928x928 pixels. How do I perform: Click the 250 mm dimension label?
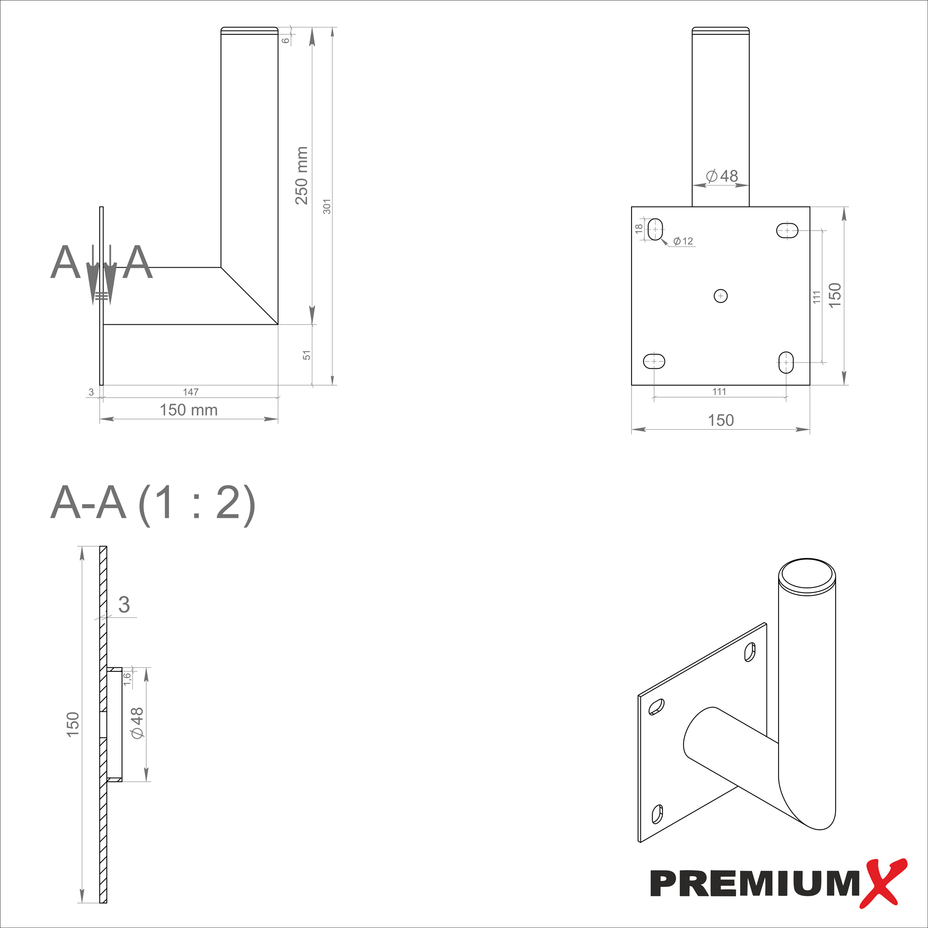click(301, 176)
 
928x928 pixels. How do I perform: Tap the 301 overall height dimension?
click(327, 206)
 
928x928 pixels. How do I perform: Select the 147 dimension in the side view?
click(191, 392)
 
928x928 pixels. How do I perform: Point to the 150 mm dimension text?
click(188, 410)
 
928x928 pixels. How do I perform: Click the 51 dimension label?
click(307, 355)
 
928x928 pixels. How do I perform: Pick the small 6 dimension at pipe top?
click(286, 40)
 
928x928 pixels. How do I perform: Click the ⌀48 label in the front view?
click(722, 176)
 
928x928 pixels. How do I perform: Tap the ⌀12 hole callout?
click(683, 241)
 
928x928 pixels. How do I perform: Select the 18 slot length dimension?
click(639, 229)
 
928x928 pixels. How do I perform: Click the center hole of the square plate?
click(721, 296)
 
